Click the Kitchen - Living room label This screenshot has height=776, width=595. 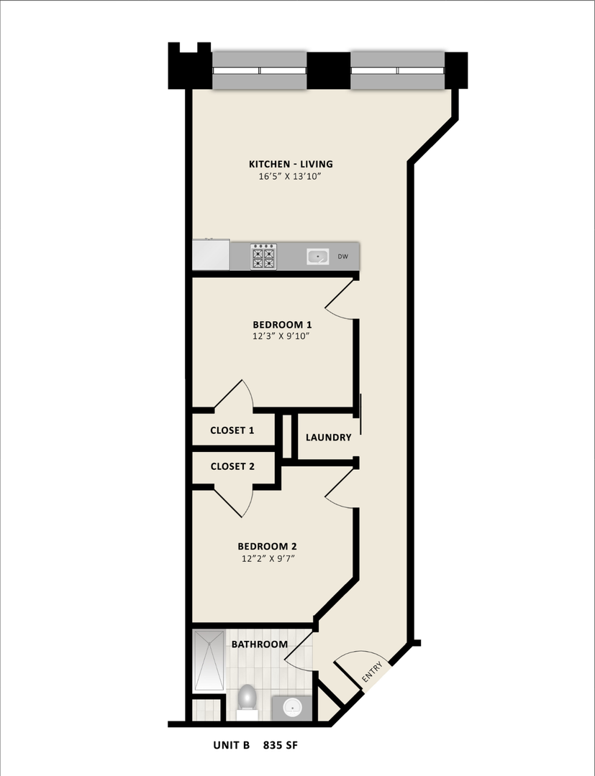click(x=290, y=164)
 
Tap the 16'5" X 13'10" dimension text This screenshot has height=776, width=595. click(x=290, y=177)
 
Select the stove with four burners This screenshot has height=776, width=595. click(x=263, y=257)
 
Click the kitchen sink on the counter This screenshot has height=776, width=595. click(x=317, y=256)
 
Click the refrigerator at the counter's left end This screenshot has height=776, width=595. click(x=211, y=255)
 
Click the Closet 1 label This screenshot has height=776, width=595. click(x=232, y=431)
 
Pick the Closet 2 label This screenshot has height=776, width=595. click(x=232, y=466)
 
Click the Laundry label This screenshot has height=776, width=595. click(x=328, y=438)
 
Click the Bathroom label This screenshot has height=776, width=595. click(x=259, y=645)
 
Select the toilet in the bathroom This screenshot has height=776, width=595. click(x=247, y=698)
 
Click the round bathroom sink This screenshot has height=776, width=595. click(x=293, y=707)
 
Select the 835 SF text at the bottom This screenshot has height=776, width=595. click(x=280, y=746)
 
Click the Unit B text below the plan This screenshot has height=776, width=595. click(x=231, y=746)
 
